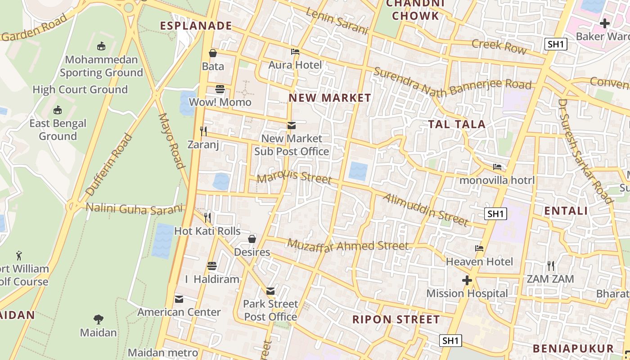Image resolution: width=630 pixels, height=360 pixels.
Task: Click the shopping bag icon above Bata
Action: pos(213,54)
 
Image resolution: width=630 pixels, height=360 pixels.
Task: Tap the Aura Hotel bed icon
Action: pos(295,52)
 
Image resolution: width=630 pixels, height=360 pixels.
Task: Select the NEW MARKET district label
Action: pos(330,98)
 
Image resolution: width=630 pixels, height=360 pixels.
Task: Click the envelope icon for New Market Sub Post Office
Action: pos(292,126)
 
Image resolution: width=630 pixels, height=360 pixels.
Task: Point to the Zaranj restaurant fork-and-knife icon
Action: pos(203,131)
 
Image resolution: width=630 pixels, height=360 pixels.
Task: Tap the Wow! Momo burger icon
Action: pos(220,89)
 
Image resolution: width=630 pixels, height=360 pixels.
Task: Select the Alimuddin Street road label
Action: pos(426,210)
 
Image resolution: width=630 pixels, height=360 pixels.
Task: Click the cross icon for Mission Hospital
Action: pos(467,281)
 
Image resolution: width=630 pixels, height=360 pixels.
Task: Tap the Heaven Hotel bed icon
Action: pos(479,248)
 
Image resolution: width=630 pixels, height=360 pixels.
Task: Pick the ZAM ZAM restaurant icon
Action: pos(550,266)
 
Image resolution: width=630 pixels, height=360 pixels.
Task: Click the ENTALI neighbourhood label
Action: pos(566,211)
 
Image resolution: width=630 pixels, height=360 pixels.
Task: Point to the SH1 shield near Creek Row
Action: pos(556,44)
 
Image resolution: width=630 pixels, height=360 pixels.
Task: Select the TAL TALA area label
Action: pos(456,124)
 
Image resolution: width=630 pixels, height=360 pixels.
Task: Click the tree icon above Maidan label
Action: pos(99,319)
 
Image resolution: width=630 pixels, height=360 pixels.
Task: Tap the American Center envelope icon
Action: pos(179,299)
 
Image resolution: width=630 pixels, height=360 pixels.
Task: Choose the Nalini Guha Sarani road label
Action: pos(135,208)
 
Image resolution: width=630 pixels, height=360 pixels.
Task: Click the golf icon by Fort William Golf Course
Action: pos(18,256)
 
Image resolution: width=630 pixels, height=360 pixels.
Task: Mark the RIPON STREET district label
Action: pos(396,319)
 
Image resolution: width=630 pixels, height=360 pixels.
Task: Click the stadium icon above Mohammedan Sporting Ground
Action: pos(101,46)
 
